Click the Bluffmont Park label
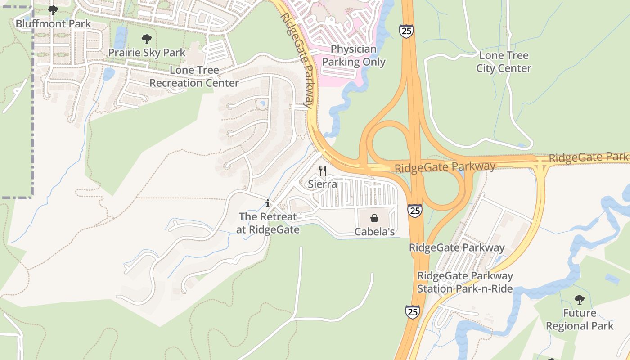point(53,23)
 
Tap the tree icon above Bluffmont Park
point(53,9)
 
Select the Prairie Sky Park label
point(147,53)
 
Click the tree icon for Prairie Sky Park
point(146,39)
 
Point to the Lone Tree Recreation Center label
point(194,76)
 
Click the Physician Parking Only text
point(354,55)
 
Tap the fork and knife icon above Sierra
point(322,171)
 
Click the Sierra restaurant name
point(322,184)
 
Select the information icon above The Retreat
point(268,203)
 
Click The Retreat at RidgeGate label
point(268,223)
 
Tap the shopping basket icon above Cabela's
point(374,219)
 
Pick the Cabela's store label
point(374,232)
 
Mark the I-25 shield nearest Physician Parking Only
point(405,31)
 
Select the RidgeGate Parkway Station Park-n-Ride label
point(465,282)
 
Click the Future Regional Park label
point(580,319)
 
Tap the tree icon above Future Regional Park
point(579,300)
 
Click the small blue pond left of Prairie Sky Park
point(120,37)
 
